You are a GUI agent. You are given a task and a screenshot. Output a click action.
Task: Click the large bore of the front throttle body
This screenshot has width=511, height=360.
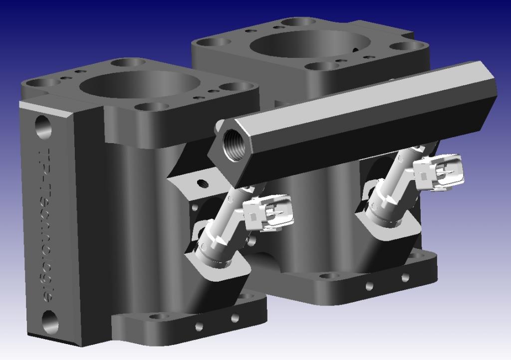(132, 84)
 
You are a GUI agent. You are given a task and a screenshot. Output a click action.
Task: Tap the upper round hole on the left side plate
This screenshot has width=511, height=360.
(42, 128)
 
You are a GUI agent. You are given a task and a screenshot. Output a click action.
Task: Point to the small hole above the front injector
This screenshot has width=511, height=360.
(202, 183)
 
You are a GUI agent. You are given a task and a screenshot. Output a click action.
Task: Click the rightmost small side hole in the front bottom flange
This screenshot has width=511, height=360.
(235, 318)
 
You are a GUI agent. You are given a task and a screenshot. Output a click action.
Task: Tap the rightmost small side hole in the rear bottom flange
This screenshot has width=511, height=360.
(405, 276)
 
